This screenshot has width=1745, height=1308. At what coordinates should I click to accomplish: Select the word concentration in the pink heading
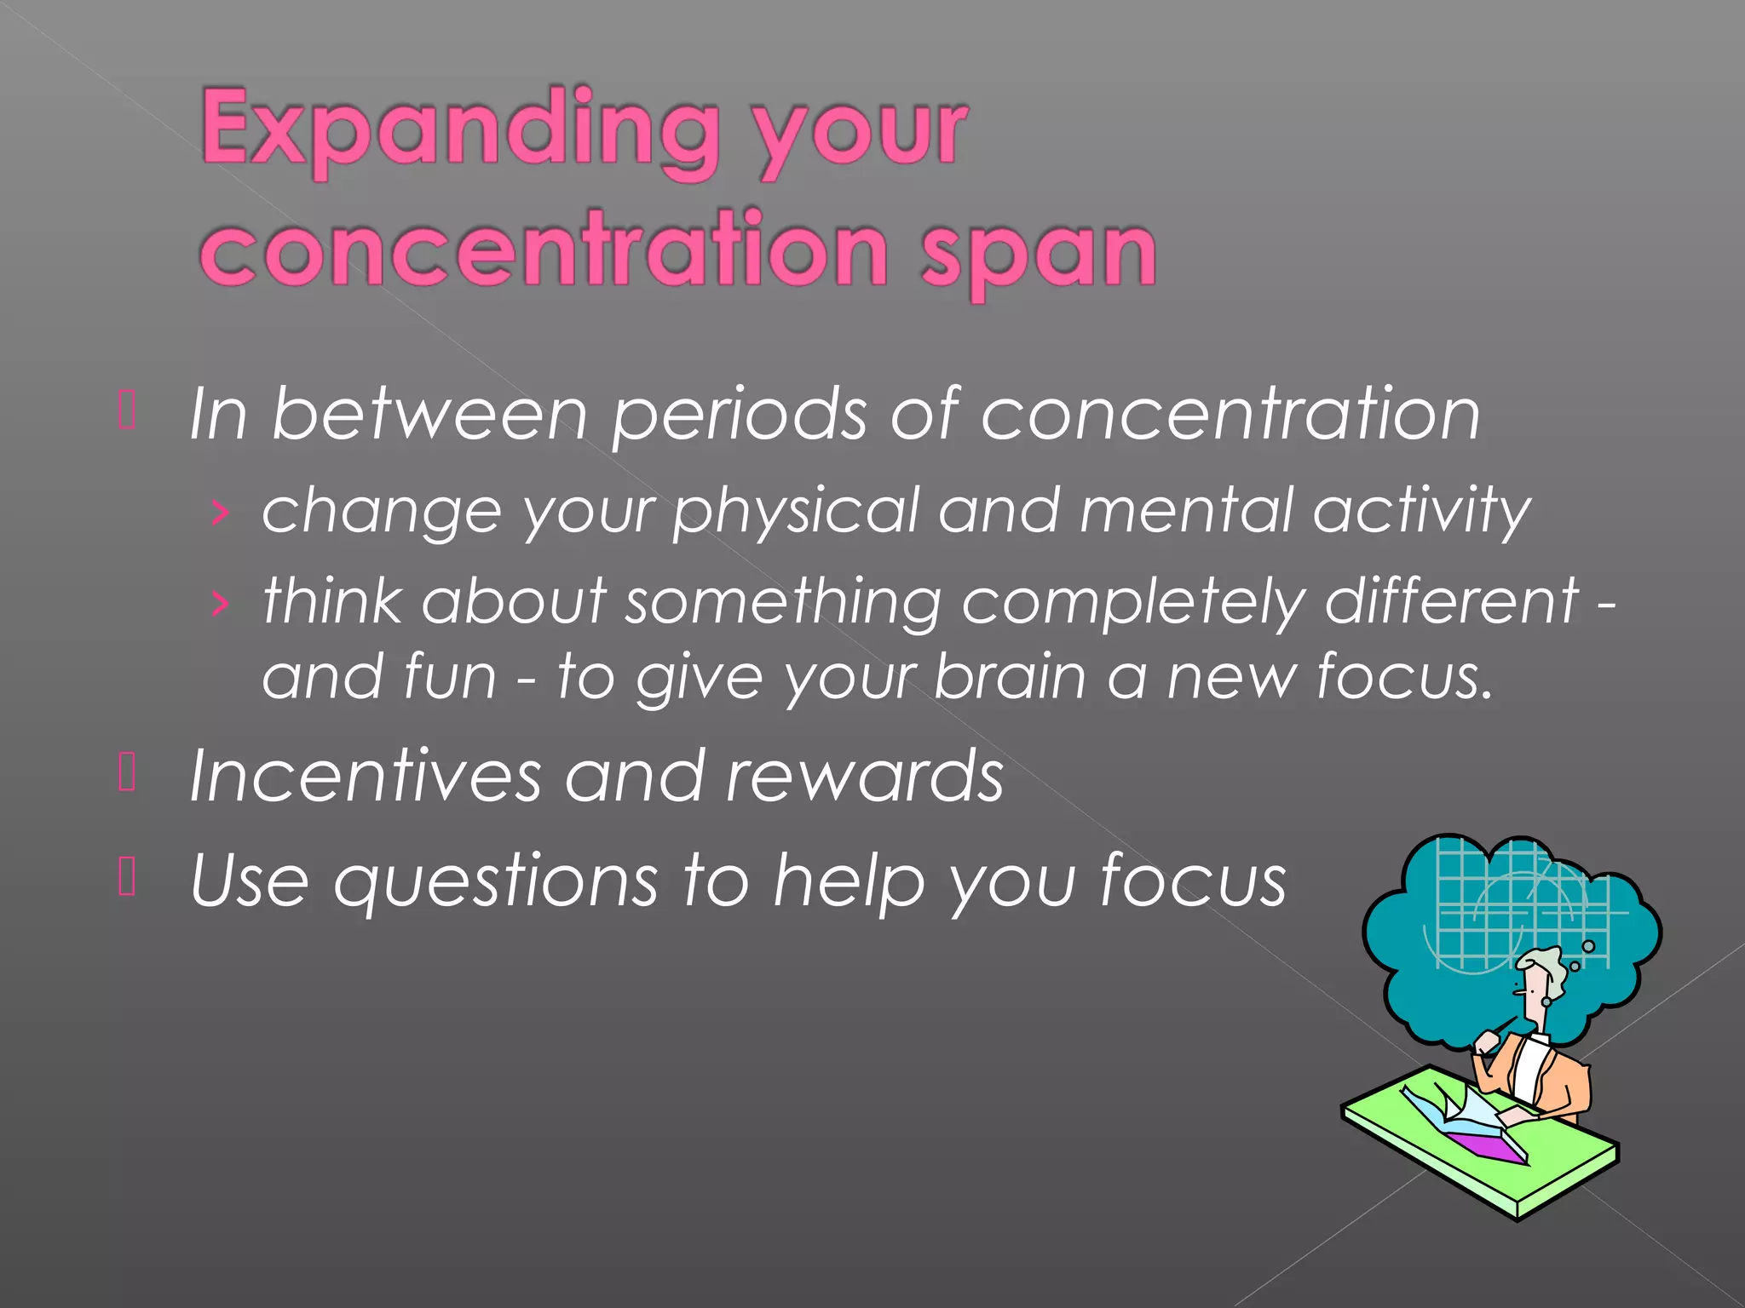pos(545,251)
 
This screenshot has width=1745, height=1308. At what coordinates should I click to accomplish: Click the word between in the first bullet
pos(429,415)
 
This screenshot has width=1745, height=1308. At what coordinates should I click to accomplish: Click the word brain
pos(1011,677)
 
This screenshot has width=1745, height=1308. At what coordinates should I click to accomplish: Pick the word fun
pos(450,677)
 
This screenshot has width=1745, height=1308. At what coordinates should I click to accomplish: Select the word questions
pos(496,882)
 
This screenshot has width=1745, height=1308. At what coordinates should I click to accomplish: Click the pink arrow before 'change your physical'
pos(220,513)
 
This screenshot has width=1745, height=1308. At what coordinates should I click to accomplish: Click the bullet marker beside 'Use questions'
pos(127,877)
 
